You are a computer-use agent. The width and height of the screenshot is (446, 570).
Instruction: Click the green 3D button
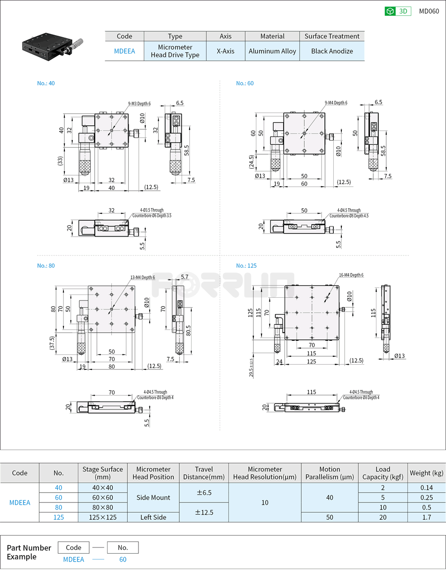(x=398, y=11)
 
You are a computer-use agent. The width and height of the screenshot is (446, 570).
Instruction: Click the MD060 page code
(x=429, y=11)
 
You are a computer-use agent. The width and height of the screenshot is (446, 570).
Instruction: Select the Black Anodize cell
(x=332, y=51)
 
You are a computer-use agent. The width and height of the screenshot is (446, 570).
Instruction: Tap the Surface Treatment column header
(x=332, y=36)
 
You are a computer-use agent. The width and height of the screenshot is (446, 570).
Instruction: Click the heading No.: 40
(x=46, y=83)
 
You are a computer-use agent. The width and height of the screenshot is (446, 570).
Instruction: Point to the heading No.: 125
(x=246, y=266)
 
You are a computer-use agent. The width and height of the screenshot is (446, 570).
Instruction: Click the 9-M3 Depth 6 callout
(x=139, y=103)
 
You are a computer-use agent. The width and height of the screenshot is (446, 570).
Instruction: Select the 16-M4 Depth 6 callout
(x=351, y=275)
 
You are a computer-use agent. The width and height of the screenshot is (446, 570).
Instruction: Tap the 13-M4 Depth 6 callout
(x=142, y=277)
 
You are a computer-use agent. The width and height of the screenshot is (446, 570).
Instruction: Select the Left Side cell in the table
(x=153, y=517)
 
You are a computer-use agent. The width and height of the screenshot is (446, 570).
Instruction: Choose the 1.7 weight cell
(x=426, y=517)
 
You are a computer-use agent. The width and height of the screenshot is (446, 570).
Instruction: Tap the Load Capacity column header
(x=383, y=473)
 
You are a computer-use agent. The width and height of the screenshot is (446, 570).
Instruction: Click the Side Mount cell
(x=153, y=497)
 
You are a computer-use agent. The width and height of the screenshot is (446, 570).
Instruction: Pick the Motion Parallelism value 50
(x=329, y=517)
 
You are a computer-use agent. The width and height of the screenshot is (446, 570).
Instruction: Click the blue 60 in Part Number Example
(x=123, y=559)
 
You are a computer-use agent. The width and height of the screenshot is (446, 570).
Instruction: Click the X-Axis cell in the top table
(x=225, y=51)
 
